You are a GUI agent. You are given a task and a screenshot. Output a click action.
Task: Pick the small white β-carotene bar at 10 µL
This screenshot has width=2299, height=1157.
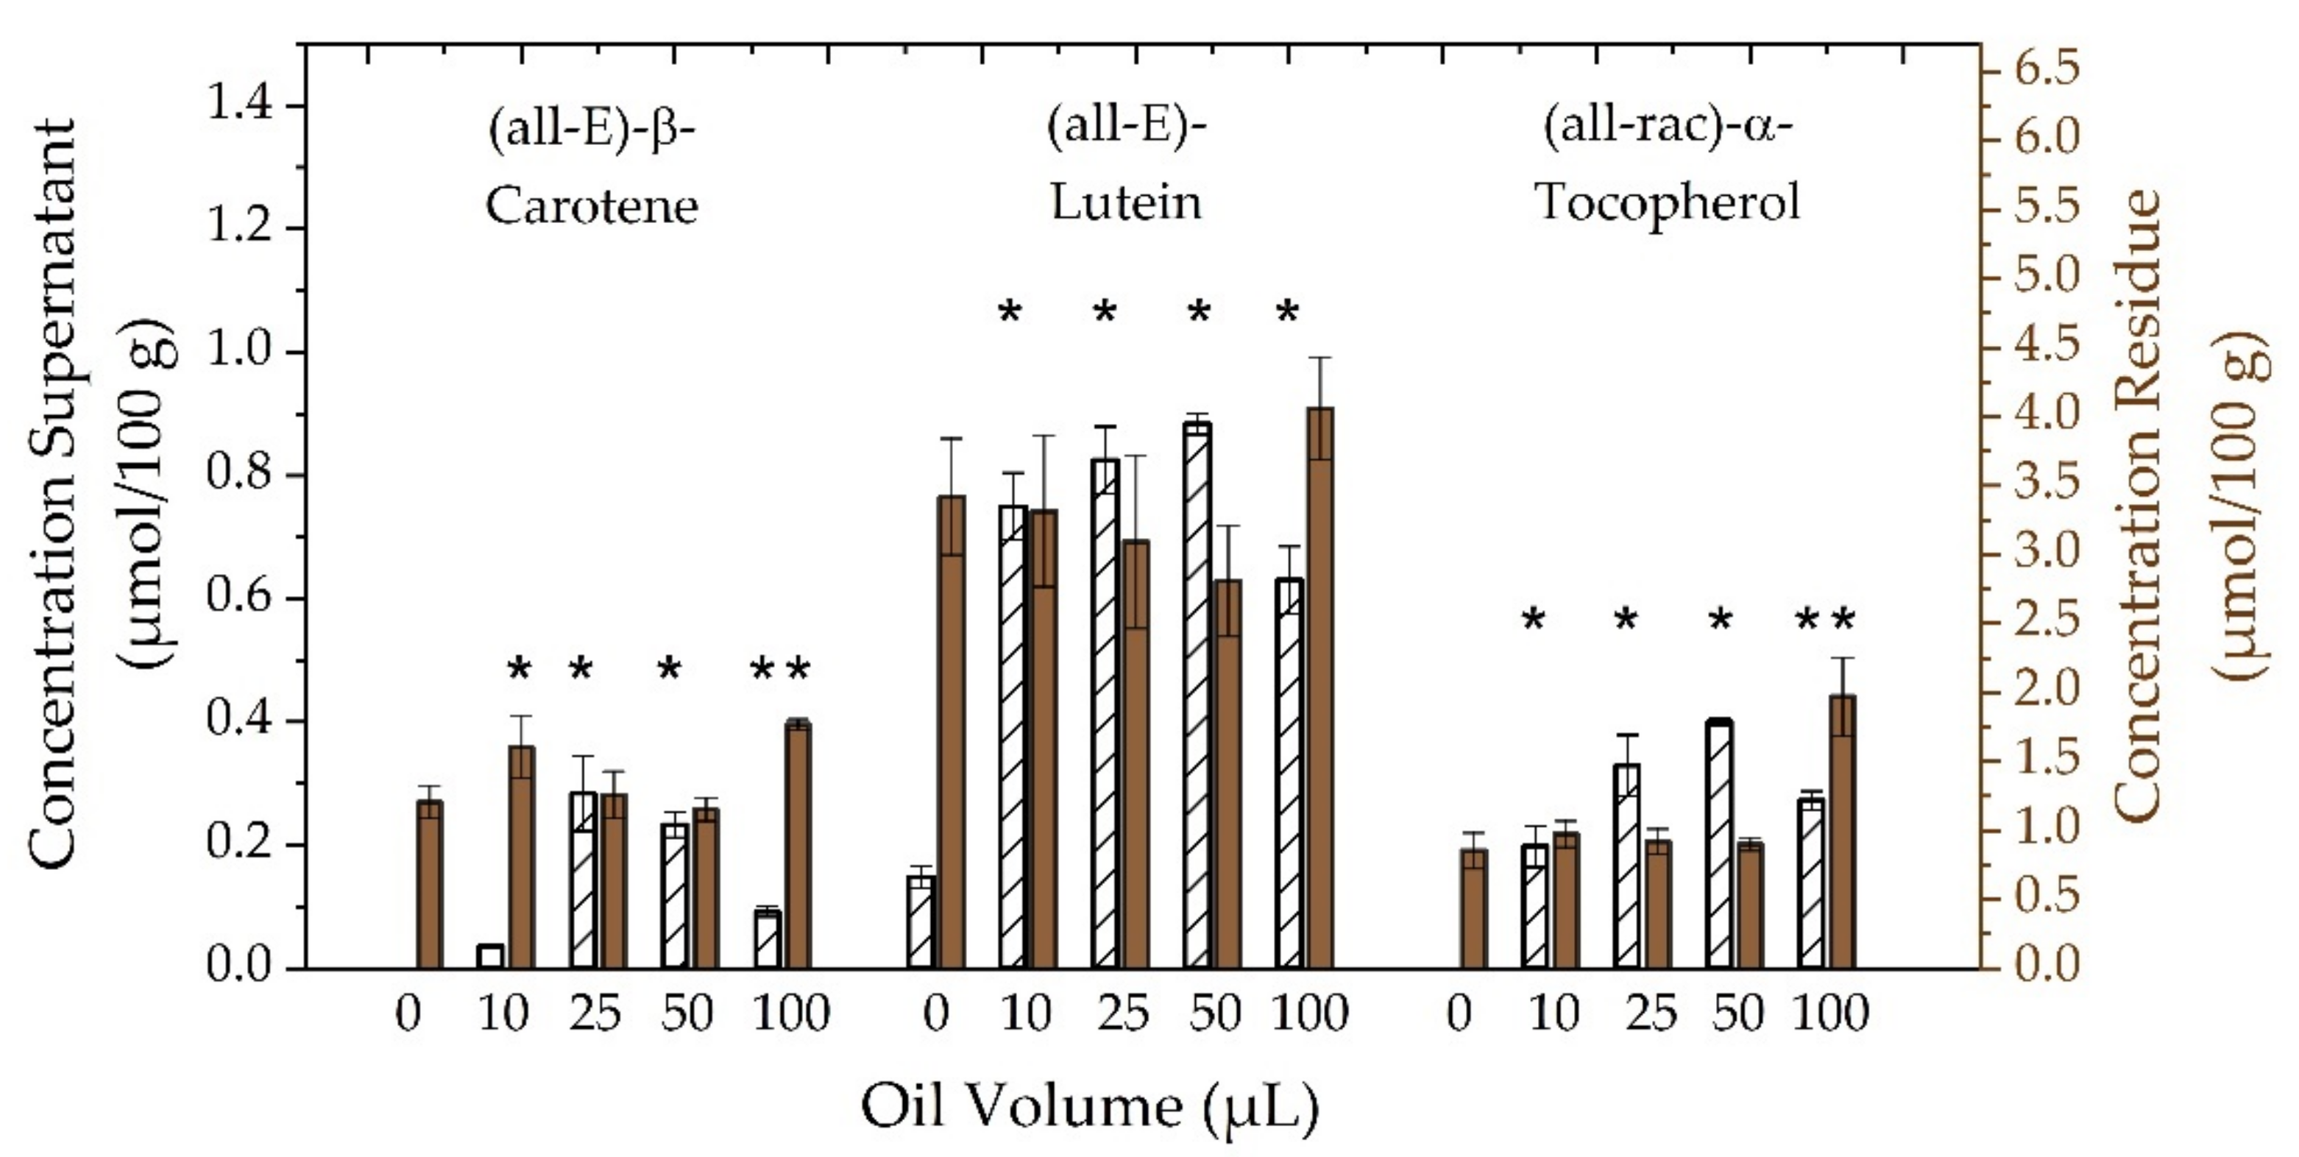point(490,956)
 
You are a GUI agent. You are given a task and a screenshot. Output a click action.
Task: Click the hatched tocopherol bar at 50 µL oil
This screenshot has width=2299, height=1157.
point(1719,843)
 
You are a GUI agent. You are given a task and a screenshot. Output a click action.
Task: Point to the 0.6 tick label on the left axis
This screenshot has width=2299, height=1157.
point(239,597)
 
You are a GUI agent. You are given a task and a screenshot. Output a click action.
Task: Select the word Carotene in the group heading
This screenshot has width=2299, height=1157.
point(591,206)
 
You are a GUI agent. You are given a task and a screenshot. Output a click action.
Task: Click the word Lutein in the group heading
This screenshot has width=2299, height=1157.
point(1125,202)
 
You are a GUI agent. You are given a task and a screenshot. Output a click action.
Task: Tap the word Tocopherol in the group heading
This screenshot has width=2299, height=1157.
point(1667,202)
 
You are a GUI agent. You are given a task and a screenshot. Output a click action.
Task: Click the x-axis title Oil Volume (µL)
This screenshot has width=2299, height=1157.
point(1090,1108)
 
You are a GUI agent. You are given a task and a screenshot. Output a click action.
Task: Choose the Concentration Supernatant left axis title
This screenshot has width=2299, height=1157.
point(54,495)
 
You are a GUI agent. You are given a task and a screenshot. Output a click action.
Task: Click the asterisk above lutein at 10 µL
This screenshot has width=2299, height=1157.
point(1010,314)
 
